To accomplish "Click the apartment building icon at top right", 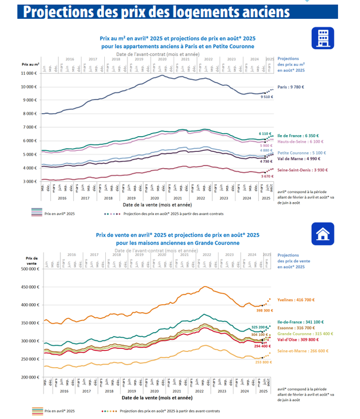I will pyautogui.click(x=323, y=38).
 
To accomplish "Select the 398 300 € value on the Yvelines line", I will pyautogui.click(x=265, y=311).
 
